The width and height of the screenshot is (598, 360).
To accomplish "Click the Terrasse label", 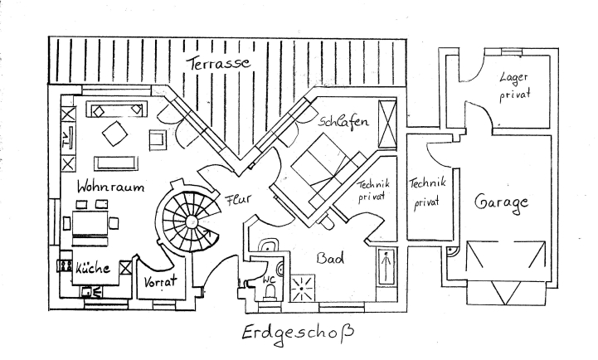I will pos(218,63).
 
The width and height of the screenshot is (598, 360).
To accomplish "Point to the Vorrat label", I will pos(161,283).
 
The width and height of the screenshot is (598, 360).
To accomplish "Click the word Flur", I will pos(238,199).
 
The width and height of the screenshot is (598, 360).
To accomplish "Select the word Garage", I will pos(501,202).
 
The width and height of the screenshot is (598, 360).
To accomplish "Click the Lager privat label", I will pos(514,85).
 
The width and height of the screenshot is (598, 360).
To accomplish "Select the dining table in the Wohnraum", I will pos(91,222).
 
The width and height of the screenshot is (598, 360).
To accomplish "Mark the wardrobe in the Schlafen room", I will pos(387,121).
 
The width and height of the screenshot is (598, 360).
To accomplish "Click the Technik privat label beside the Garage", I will pos(428,192).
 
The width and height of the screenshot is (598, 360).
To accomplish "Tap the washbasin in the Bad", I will pos(269,246).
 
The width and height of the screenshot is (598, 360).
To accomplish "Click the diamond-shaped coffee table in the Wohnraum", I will pos(114,132).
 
